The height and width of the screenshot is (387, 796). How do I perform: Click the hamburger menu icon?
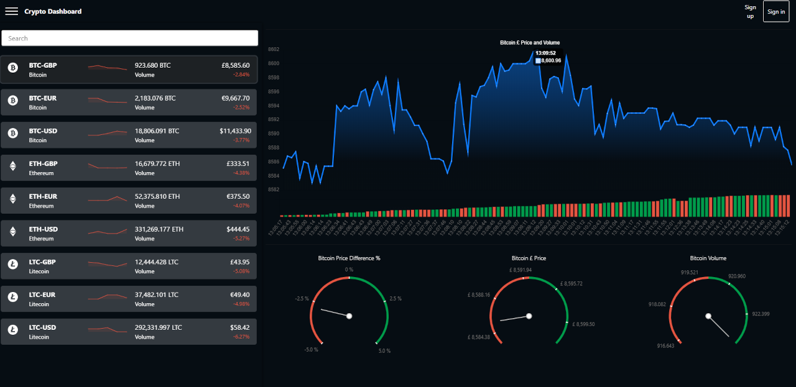click(11, 11)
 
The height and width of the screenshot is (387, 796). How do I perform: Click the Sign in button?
click(776, 11)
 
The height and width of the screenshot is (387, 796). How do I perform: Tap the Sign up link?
click(750, 12)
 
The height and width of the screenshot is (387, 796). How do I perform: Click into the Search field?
click(129, 38)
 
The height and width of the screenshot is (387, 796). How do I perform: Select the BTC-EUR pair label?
click(43, 98)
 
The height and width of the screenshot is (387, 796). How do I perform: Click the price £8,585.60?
click(235, 65)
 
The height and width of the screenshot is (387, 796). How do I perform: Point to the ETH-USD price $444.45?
click(238, 229)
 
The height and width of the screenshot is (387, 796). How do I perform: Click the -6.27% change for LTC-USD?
click(241, 337)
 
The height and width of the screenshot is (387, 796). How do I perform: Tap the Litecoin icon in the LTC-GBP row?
click(13, 264)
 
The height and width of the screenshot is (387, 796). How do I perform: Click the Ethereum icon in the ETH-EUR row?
click(13, 199)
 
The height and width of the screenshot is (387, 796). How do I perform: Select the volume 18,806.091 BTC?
click(157, 131)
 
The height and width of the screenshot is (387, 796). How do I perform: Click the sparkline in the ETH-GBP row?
click(107, 166)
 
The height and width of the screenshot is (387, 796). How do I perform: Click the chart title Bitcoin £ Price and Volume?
click(529, 43)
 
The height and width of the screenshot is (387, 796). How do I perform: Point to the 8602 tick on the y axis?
click(274, 50)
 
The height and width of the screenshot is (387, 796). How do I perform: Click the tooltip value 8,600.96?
click(551, 61)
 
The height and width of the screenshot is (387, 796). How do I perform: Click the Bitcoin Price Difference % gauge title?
click(349, 258)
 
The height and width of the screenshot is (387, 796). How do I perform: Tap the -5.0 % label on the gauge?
click(311, 350)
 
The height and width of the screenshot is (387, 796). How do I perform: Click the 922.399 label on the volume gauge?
click(761, 314)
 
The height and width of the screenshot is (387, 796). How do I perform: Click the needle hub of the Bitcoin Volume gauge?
click(708, 316)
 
